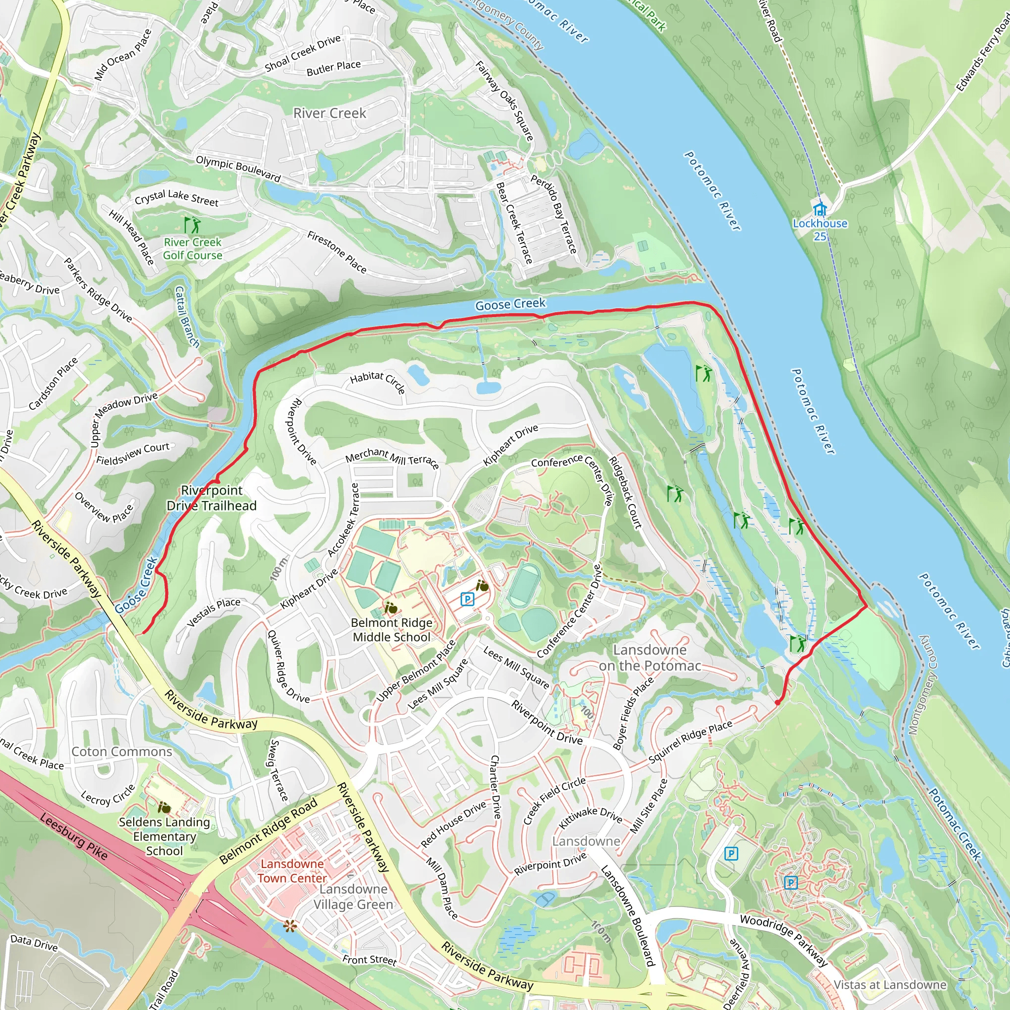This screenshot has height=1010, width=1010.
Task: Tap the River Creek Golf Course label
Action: (x=192, y=249)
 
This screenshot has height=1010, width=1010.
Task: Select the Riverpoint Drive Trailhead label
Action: (x=212, y=498)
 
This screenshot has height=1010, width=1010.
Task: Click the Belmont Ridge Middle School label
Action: (x=392, y=629)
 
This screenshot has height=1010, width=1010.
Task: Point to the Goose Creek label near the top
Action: (x=510, y=304)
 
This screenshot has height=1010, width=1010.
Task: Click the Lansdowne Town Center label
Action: (x=292, y=871)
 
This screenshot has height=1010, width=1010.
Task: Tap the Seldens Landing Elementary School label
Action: (x=164, y=836)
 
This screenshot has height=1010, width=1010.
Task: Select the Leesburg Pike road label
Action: (x=73, y=837)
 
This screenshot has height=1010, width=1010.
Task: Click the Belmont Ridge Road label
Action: (x=268, y=830)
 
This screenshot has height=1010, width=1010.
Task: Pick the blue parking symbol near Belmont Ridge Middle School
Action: (x=468, y=599)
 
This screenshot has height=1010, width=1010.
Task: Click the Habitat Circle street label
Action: (x=377, y=381)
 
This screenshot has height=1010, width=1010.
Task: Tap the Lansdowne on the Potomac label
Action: (x=650, y=658)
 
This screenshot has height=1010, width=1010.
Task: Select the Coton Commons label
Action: (x=122, y=751)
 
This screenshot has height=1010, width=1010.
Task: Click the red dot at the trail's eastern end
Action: (x=777, y=703)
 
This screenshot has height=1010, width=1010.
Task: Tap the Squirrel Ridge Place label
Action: (x=690, y=742)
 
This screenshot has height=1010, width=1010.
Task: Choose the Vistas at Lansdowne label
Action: (x=890, y=985)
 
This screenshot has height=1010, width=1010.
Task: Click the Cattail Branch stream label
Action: (x=186, y=317)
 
